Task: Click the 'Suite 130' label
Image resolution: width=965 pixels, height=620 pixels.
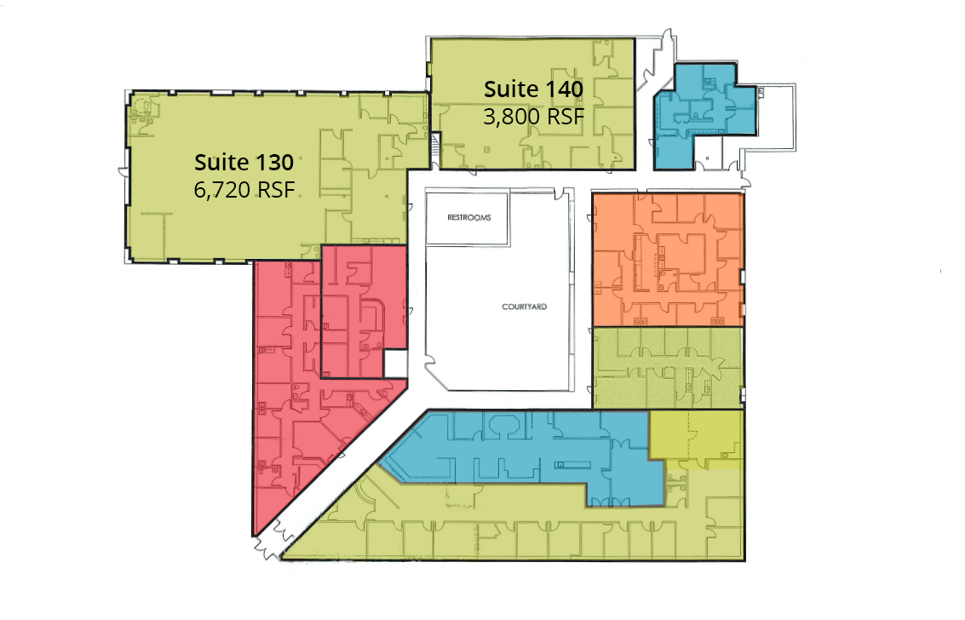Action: (x=244, y=163)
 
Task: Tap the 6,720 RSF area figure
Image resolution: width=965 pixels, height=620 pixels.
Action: (x=244, y=189)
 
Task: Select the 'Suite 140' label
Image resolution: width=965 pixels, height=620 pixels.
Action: (x=533, y=89)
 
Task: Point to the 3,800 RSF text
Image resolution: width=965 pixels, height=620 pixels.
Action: (x=533, y=116)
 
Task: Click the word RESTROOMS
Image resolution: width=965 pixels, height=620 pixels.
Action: (x=469, y=218)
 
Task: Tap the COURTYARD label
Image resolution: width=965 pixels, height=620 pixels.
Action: (x=525, y=307)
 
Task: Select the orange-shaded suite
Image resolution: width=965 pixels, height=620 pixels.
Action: (x=668, y=260)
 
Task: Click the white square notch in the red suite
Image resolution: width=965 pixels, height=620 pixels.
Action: (x=396, y=364)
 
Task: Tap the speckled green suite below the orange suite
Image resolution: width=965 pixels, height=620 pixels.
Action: (x=668, y=367)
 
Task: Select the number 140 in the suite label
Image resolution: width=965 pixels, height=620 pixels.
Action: (x=560, y=89)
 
